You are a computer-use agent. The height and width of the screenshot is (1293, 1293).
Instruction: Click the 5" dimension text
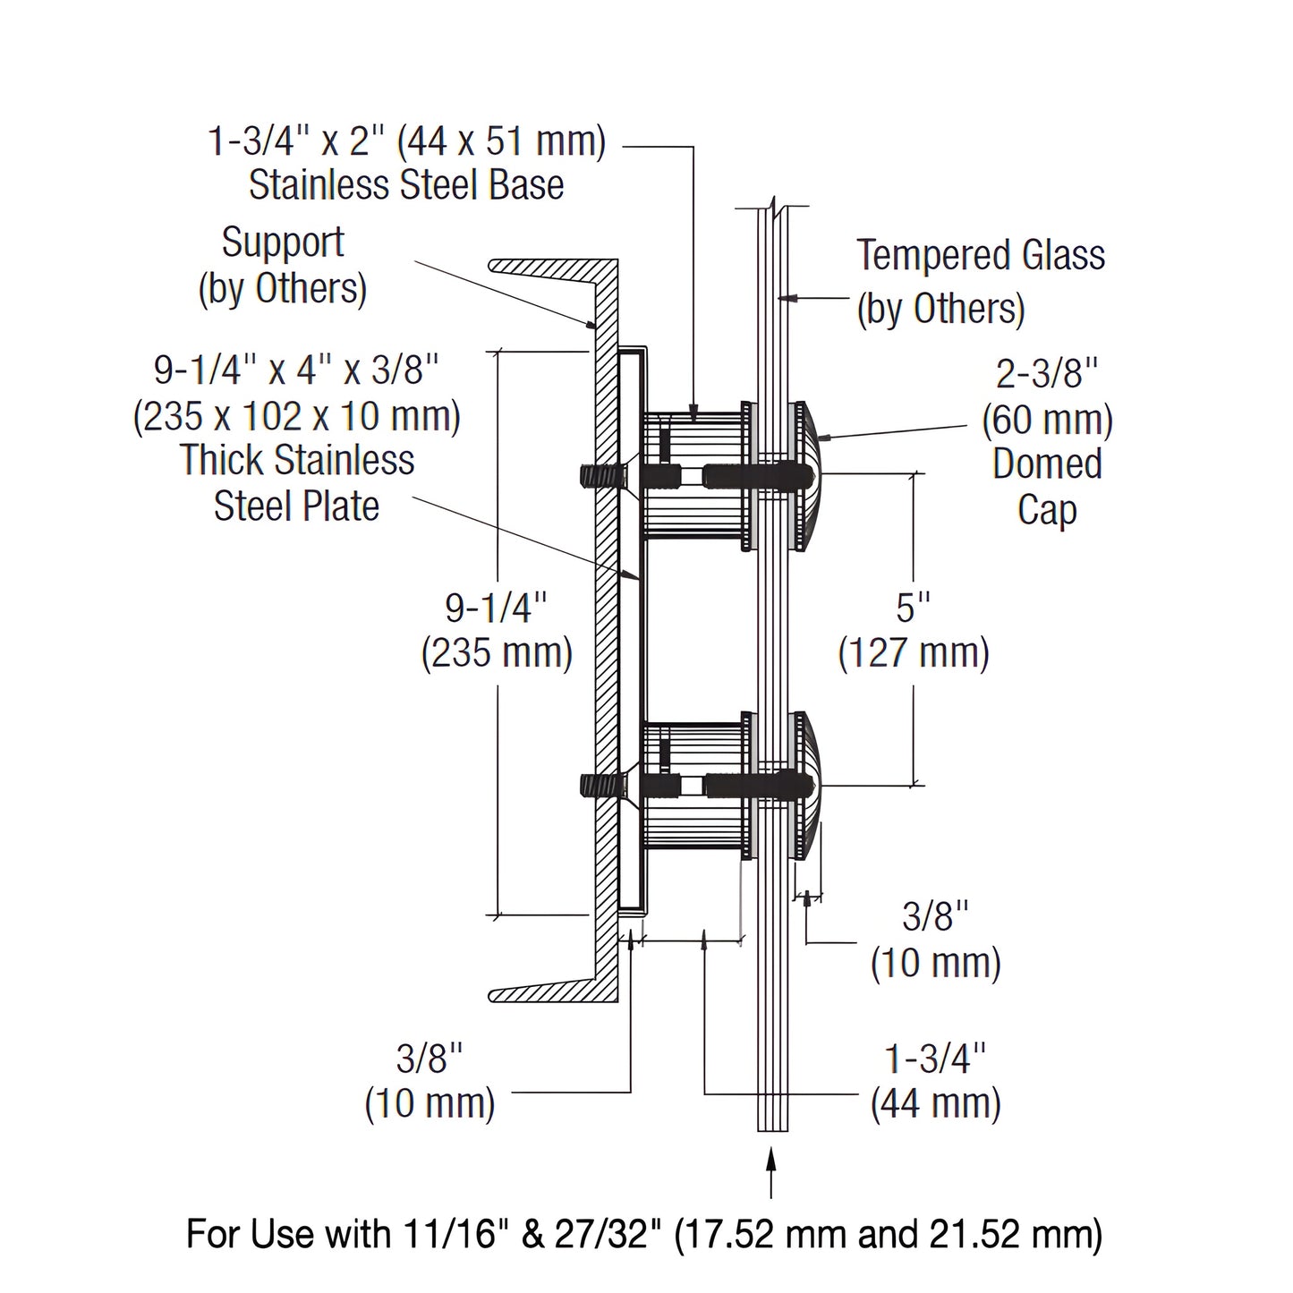point(913,608)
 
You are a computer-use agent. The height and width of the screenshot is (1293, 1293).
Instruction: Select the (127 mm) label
point(914,652)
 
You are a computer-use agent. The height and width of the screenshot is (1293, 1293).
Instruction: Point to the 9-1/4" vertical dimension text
point(496,608)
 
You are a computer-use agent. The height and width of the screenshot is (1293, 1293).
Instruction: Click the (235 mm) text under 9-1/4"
point(497,652)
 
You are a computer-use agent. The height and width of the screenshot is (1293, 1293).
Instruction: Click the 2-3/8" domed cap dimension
point(1046,374)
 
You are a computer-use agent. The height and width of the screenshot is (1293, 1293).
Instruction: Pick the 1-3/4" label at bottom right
point(935,1059)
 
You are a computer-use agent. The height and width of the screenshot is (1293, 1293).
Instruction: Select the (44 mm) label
point(935,1102)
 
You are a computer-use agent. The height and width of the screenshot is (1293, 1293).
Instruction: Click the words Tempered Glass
point(981,256)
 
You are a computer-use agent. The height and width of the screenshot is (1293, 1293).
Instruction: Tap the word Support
point(283,242)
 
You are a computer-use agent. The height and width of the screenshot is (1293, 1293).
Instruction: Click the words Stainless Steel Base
point(406,185)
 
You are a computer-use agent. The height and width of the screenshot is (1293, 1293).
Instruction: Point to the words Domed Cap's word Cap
point(1046,510)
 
